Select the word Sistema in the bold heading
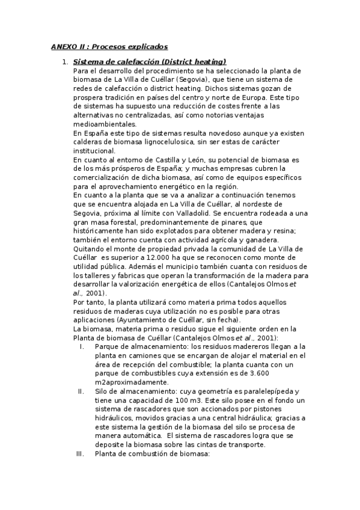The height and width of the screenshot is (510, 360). click(x=88, y=62)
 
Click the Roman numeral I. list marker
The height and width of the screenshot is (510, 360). click(x=82, y=347)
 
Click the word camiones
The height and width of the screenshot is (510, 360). click(x=136, y=356)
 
